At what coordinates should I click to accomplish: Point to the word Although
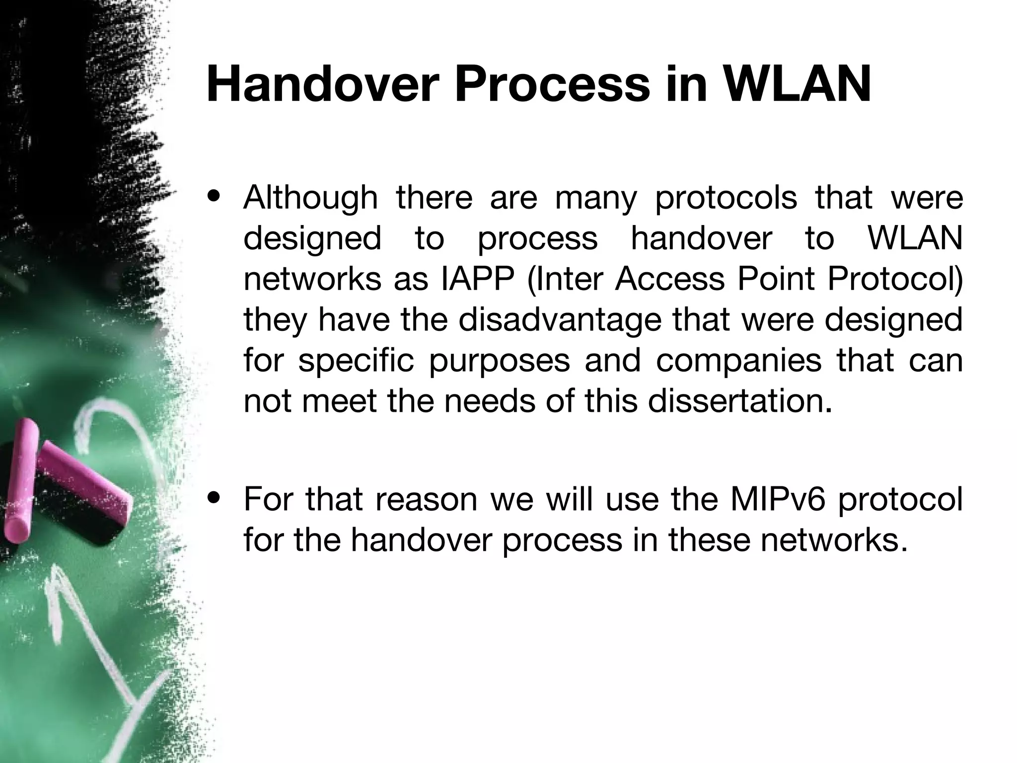click(310, 198)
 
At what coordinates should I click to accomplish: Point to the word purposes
click(499, 361)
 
